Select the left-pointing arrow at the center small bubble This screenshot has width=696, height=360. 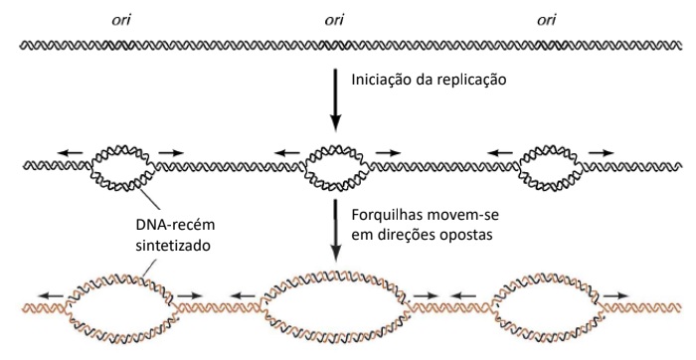[x=287, y=152]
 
